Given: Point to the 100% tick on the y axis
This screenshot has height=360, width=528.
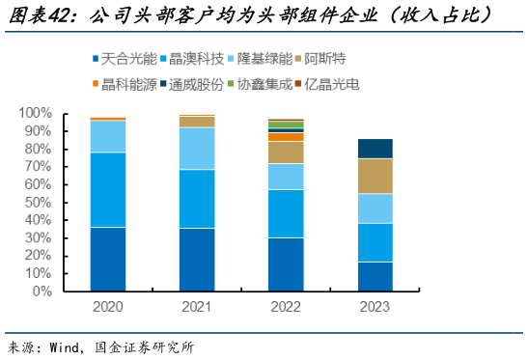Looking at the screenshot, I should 36,113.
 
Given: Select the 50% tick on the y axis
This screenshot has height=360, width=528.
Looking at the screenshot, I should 40,202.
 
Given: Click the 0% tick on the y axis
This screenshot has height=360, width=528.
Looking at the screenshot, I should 42,291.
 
